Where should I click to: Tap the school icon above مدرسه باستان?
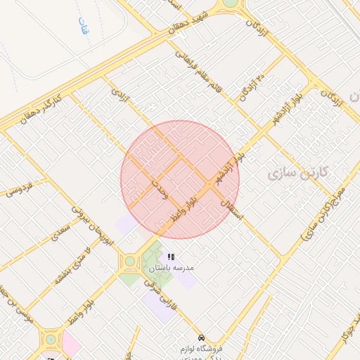[171, 257]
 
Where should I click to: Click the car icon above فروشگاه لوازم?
[202, 337]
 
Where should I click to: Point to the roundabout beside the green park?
[130, 262]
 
